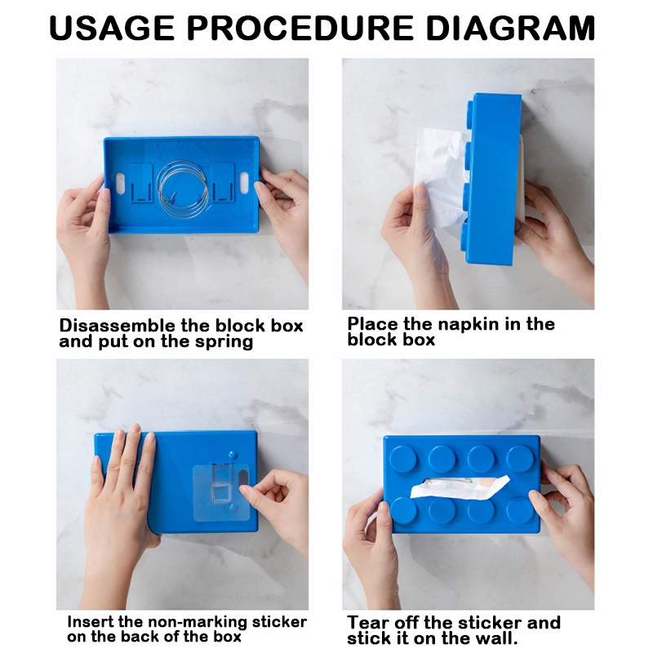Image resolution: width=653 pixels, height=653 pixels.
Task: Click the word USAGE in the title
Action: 112,28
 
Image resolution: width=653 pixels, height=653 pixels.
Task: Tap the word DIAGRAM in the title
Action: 510,28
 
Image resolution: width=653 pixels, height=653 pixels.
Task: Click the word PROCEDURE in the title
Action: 300,28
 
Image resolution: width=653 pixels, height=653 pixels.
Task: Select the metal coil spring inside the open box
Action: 183,189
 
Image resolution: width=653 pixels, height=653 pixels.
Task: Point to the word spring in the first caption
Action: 224,342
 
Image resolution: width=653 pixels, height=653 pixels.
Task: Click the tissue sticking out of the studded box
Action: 460,487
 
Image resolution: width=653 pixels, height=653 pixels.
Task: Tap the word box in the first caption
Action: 287,326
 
